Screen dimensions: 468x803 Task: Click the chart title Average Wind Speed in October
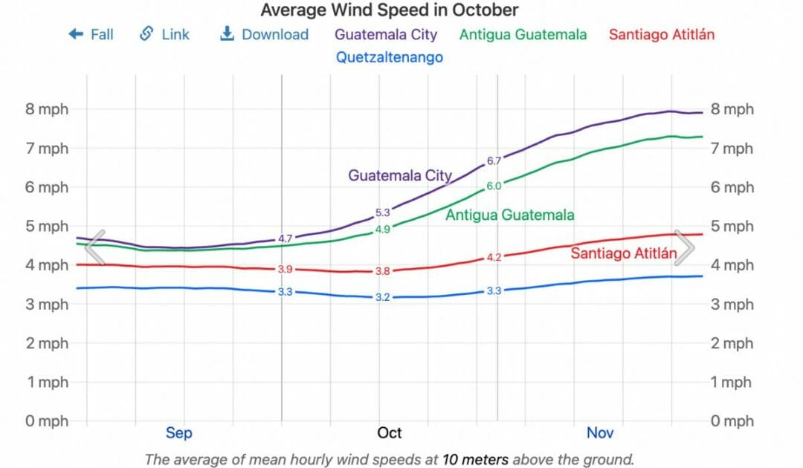[390, 10]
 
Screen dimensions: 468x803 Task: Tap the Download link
[265, 34]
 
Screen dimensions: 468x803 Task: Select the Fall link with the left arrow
[91, 34]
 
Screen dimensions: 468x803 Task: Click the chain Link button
[165, 34]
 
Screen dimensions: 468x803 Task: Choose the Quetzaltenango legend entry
[390, 57]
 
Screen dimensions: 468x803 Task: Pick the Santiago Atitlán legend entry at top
[662, 34]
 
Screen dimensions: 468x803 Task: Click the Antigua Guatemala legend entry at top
[523, 34]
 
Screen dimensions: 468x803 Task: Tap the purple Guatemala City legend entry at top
[386, 34]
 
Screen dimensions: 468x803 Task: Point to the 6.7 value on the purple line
[494, 160]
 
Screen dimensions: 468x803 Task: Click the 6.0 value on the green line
[494, 186]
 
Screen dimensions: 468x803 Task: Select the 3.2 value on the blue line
[383, 297]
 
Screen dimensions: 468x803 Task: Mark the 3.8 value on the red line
[383, 271]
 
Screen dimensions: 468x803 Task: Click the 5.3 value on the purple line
[383, 212]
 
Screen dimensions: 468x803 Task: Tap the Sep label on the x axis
[179, 433]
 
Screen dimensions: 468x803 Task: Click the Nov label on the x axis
[600, 433]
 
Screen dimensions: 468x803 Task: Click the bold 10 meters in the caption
[475, 460]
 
